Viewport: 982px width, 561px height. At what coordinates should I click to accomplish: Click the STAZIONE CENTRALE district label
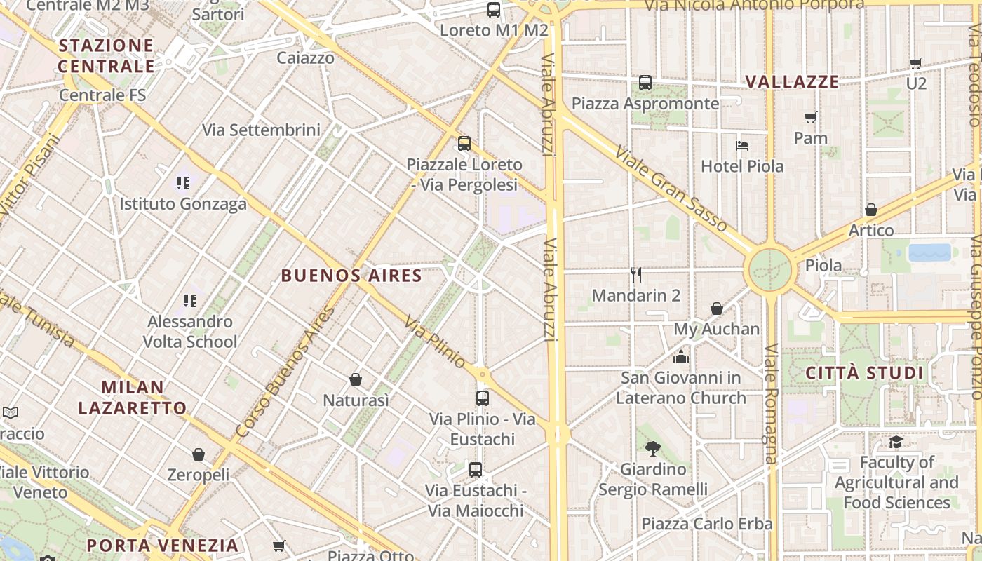[106, 56]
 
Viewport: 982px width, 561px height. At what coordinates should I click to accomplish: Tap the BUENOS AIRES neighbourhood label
[351, 276]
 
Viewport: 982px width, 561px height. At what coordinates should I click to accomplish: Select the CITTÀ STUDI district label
[864, 372]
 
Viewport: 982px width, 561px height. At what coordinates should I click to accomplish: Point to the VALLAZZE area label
[792, 81]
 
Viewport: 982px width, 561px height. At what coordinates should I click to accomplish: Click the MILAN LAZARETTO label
[133, 397]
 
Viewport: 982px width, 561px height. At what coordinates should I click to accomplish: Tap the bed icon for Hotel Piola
[742, 146]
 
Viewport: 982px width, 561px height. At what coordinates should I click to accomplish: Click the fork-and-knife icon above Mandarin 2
[636, 274]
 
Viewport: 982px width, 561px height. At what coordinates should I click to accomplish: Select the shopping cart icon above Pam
[811, 117]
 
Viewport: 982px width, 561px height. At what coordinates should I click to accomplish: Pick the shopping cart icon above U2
[915, 63]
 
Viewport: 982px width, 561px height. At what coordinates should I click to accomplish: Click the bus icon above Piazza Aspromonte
[645, 83]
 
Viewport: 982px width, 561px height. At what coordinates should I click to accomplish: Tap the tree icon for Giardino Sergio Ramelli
[653, 448]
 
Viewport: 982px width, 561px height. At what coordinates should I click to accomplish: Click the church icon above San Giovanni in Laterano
[680, 358]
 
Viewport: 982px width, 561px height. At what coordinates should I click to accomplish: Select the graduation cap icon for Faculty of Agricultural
[896, 442]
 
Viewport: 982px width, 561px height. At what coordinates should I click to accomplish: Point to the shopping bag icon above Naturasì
[356, 379]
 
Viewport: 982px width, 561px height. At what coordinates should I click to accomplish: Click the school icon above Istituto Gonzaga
[183, 183]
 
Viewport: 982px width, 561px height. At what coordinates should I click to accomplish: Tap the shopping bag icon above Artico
[871, 210]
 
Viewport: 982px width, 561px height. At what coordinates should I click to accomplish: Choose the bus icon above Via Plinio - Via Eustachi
[482, 398]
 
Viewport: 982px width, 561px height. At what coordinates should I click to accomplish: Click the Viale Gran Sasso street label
[671, 189]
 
